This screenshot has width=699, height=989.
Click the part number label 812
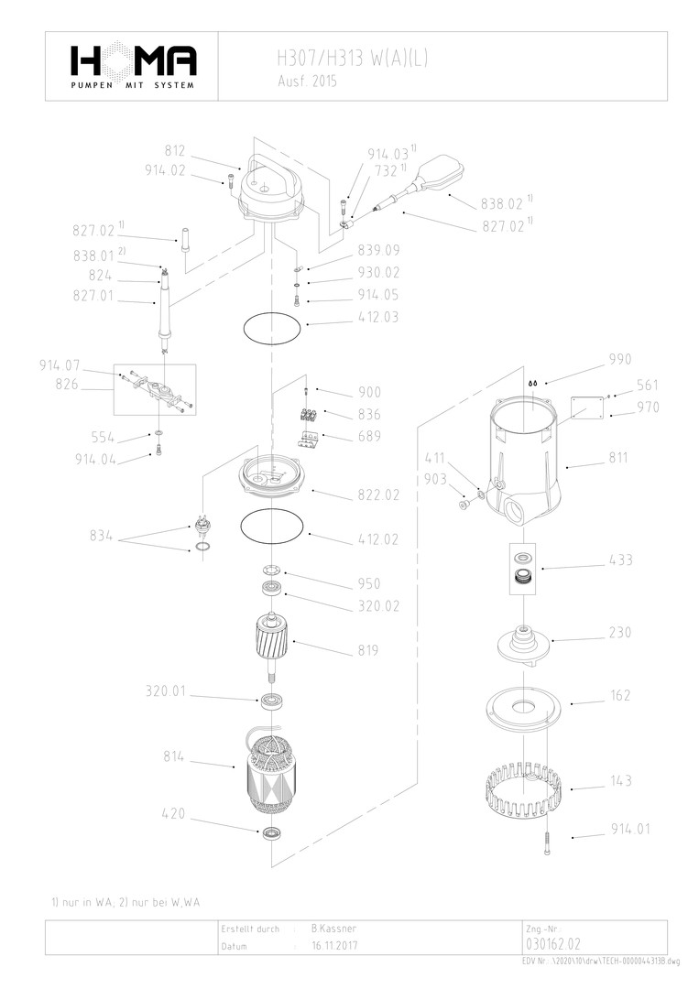[x=175, y=151]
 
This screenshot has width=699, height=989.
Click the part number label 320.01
[x=166, y=690]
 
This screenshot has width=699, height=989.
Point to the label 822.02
[x=377, y=494]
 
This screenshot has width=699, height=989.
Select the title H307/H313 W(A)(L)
[x=352, y=60]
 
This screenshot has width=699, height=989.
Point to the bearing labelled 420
[x=272, y=833]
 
